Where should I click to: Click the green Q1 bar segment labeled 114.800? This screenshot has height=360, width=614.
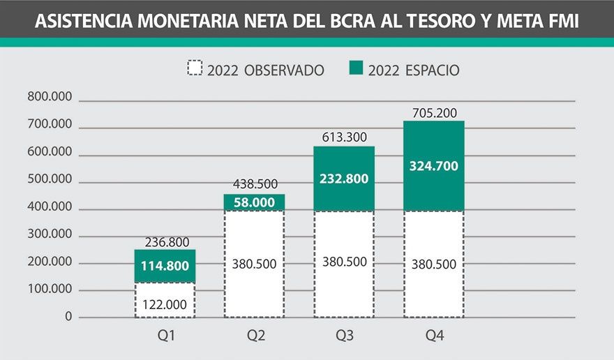(165, 266)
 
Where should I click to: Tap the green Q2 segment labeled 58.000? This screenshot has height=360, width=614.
(254, 202)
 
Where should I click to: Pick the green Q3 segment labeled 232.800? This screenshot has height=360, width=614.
(343, 178)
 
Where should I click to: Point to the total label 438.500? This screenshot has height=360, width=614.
(254, 185)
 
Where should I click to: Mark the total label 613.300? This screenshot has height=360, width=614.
(343, 137)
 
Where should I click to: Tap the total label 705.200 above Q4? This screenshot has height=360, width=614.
(433, 112)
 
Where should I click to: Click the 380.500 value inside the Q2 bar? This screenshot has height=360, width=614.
(254, 264)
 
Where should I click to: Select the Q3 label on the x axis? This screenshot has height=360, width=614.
(344, 336)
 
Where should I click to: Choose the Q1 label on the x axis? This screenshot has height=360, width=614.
(165, 336)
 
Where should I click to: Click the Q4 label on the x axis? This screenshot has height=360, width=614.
(433, 336)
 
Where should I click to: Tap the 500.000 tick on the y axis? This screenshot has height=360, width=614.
(50, 179)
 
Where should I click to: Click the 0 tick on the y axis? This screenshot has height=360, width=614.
(68, 316)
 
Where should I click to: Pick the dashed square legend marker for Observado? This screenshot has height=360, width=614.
(195, 68)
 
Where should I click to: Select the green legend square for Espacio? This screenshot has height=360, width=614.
(356, 68)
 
